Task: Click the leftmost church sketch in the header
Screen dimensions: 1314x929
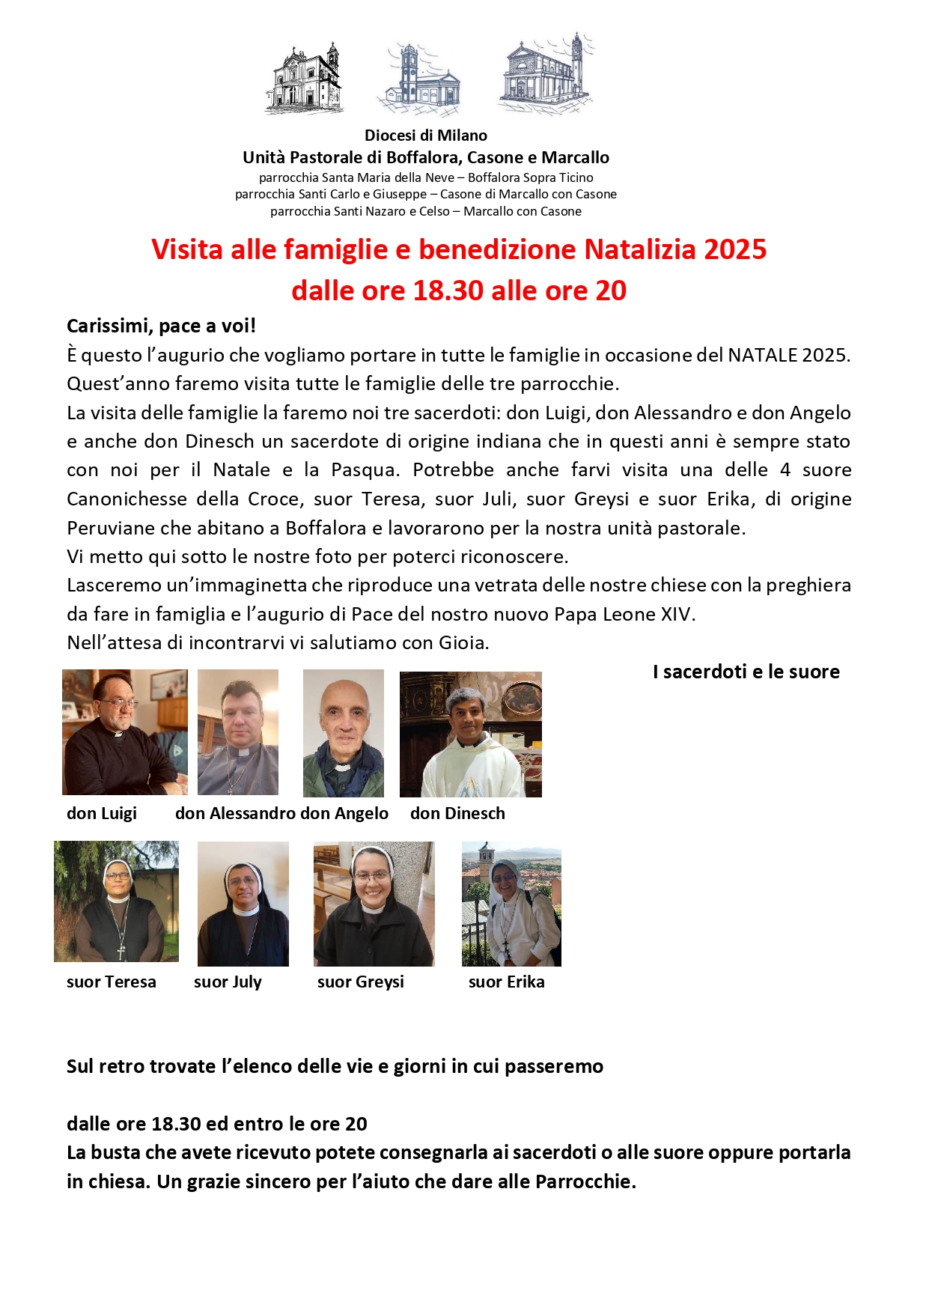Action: point(304,78)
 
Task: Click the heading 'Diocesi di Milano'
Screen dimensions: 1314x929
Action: point(425,136)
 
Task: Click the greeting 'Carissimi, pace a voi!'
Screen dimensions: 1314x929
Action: point(161,326)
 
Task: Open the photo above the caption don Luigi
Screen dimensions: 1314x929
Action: point(124,731)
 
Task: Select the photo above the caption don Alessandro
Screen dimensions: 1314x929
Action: point(238,731)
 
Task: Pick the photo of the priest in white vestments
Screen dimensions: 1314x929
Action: point(470,734)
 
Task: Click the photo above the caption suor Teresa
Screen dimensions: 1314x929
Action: point(116,901)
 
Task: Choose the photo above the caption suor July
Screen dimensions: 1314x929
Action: point(243,903)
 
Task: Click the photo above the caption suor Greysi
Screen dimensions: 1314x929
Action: point(374,903)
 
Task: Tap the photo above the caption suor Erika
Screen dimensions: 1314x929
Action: point(511,903)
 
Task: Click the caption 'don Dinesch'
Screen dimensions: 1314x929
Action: point(457,813)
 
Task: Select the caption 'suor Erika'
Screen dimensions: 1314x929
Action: point(506,982)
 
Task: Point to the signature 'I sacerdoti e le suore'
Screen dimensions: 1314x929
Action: point(746,672)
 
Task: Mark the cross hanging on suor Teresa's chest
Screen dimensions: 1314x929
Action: point(121,952)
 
